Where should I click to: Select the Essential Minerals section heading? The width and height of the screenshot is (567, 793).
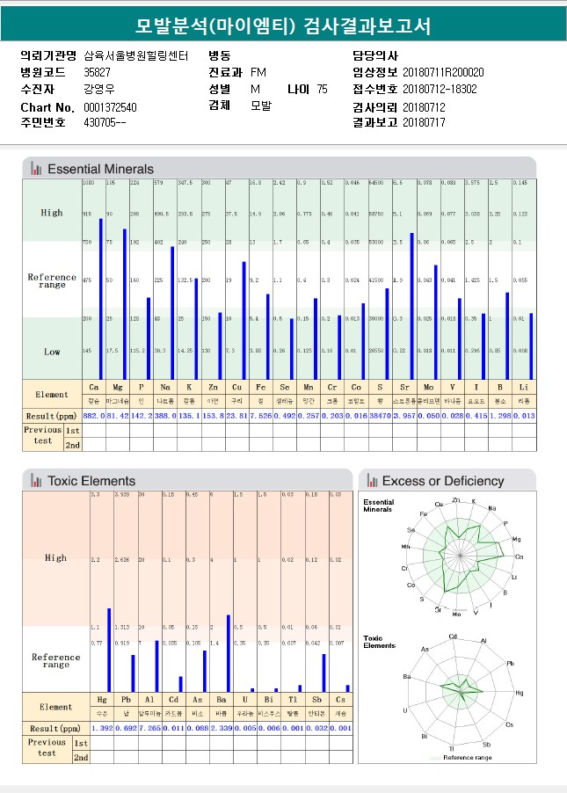(x=99, y=169)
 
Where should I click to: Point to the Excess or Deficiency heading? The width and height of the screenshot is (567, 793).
(x=443, y=481)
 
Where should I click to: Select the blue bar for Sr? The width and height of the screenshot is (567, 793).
(x=411, y=306)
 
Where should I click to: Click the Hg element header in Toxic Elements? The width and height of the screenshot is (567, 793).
(x=102, y=701)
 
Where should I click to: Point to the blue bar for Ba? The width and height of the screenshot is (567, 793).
(x=229, y=653)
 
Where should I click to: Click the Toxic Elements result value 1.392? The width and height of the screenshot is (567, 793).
(x=102, y=729)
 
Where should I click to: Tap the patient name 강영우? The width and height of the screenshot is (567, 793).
(x=99, y=89)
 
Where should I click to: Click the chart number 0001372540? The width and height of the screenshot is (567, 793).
(x=110, y=106)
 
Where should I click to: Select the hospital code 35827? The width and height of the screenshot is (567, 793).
(x=97, y=72)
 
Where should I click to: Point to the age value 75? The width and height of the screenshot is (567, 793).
(x=322, y=89)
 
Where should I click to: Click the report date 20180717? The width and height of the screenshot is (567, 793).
(x=424, y=123)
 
